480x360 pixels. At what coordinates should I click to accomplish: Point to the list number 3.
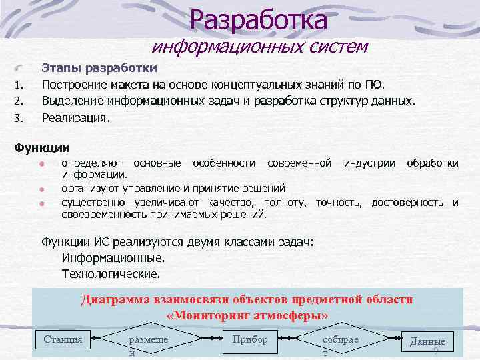pos(19,119)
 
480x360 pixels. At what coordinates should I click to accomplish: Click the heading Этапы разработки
pos(99,68)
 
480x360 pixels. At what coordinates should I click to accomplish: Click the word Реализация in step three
pos(74,117)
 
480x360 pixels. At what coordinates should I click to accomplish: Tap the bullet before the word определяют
pos(41,163)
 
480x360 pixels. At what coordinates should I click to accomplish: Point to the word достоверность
pos(407,202)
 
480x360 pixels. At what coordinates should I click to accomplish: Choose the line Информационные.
pos(113,257)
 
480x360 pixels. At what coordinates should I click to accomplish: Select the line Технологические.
pos(111,273)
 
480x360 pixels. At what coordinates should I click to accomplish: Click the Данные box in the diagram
pos(427,342)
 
